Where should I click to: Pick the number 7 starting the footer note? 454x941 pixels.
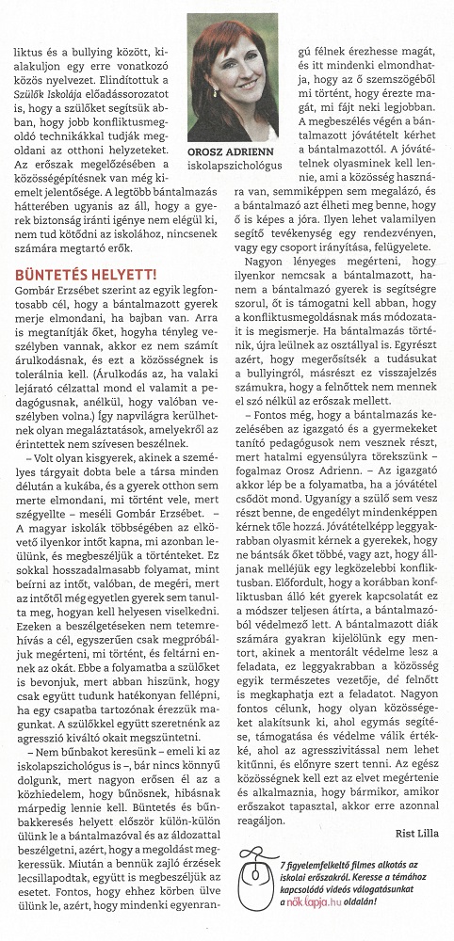285,863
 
